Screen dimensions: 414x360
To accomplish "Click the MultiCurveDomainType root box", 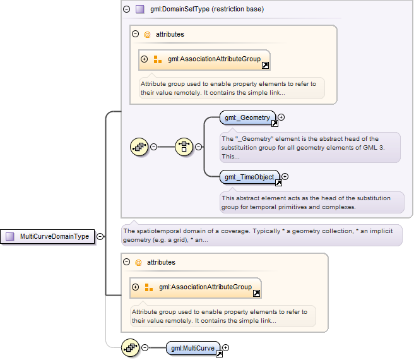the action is tap(47, 236).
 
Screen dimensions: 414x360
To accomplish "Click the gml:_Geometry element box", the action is tap(247, 117).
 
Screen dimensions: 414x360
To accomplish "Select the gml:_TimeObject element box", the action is tap(249, 177).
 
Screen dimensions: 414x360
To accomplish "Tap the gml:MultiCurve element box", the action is tap(192, 348).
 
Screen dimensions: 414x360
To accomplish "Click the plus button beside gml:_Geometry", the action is tap(281, 117).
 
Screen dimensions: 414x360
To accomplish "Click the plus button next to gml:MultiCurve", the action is tap(225, 347).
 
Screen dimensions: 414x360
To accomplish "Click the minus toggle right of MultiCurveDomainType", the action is tap(100, 236).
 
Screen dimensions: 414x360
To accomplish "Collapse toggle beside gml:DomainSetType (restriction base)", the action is tap(127, 9).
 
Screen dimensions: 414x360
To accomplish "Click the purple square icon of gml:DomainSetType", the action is tap(139, 9).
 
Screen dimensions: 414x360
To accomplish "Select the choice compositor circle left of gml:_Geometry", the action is tap(184, 147).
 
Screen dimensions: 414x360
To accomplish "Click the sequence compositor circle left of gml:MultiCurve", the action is tap(131, 347).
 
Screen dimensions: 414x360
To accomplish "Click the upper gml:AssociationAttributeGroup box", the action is tap(204, 60).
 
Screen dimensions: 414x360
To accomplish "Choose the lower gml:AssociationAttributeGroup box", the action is tap(196, 288).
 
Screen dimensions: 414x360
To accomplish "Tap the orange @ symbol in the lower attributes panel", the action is tap(138, 263).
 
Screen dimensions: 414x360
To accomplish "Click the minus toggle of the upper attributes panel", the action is tap(136, 34).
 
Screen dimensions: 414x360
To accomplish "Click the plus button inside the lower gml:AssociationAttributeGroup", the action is tap(136, 287).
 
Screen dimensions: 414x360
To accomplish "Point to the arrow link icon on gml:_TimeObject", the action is tap(278, 183).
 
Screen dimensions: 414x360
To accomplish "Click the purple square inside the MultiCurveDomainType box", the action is tap(10, 236).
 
